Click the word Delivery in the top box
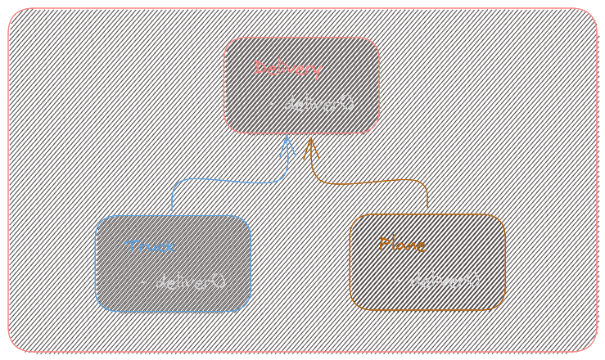(287, 68)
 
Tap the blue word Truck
(149, 246)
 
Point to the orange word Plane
(403, 245)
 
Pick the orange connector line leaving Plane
(377, 181)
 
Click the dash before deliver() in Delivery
(272, 105)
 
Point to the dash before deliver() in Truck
(143, 281)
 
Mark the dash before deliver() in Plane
(398, 281)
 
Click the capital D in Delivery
(260, 67)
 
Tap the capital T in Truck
(129, 245)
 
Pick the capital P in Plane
(385, 244)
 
